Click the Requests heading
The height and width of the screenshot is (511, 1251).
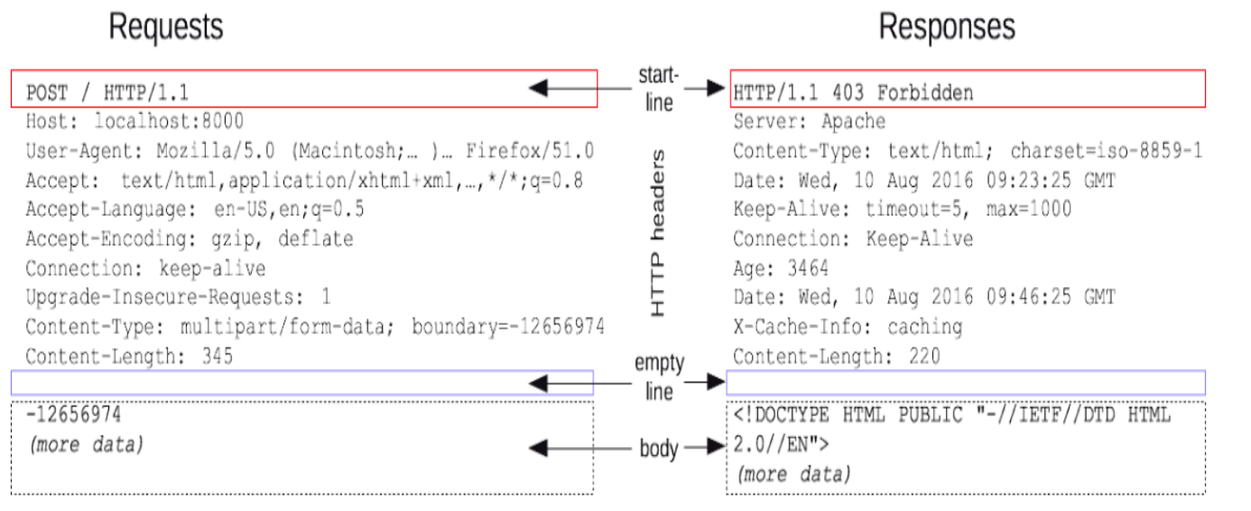pos(166,27)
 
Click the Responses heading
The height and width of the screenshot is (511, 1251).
pos(947,27)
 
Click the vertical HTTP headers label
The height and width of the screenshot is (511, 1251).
pos(659,233)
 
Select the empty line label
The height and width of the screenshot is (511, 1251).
pos(659,377)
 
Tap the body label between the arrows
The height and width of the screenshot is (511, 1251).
pos(659,448)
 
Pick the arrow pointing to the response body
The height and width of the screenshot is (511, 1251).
pos(708,446)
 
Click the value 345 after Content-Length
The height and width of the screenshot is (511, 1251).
pos(218,356)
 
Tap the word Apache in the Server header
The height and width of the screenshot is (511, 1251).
pos(853,121)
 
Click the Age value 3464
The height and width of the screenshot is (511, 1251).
pos(807,268)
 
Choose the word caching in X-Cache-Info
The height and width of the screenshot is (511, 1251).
pos(925,327)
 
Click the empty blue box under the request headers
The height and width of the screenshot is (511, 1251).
pos(302,383)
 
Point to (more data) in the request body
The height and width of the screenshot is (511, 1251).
pos(87,445)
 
